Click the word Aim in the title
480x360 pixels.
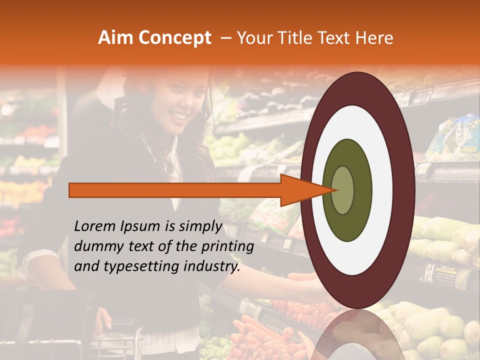coord(116,38)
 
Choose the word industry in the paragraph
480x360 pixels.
coord(209,267)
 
